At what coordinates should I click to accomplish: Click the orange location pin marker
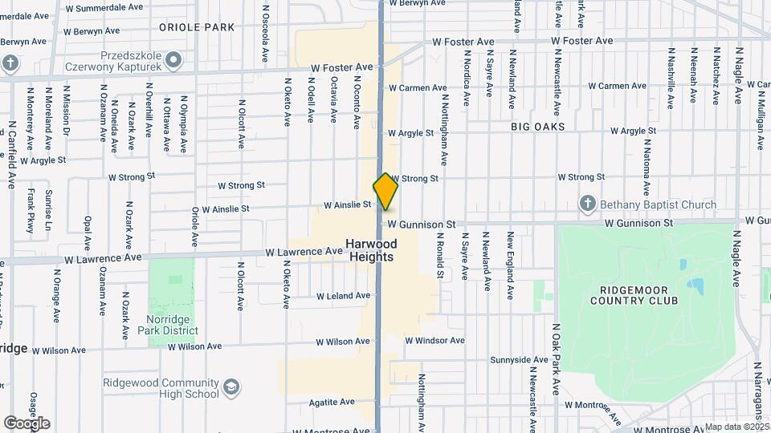point(385,192)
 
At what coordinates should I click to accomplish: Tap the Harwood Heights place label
point(371,250)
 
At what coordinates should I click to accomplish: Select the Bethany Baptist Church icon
point(588,204)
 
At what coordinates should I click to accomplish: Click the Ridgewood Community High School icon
point(231,388)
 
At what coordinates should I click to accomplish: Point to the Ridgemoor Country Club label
point(634,295)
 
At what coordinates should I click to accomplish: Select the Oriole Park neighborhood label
point(197,27)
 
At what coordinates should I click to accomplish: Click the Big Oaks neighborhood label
point(537,127)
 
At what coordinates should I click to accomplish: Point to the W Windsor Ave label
point(434,341)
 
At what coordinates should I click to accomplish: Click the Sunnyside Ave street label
point(517,362)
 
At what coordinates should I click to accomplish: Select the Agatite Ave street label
point(329,402)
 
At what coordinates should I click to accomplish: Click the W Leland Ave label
point(343,296)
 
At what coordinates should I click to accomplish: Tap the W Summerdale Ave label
point(104,7)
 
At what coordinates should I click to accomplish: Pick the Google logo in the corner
point(27,423)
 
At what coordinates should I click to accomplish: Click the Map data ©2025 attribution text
point(736,427)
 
